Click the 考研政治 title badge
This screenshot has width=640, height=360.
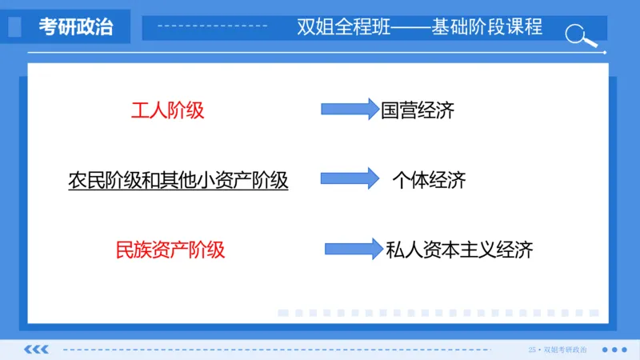pyautogui.click(x=76, y=27)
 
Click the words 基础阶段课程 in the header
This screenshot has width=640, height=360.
pyautogui.click(x=486, y=27)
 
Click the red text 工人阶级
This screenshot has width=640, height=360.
pyautogui.click(x=167, y=110)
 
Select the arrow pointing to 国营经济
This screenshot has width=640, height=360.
pyautogui.click(x=349, y=109)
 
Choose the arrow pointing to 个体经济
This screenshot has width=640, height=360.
pyautogui.click(x=349, y=178)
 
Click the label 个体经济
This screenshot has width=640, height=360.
pyautogui.click(x=429, y=180)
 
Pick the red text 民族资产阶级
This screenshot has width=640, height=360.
pyautogui.click(x=170, y=250)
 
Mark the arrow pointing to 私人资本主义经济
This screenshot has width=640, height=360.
pyautogui.click(x=353, y=248)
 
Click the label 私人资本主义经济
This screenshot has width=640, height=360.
pyautogui.click(x=458, y=250)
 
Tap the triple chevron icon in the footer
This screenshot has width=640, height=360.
pyautogui.click(x=36, y=350)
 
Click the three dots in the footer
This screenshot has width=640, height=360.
pyautogui.click(x=614, y=350)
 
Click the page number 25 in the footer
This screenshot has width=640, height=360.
pyautogui.click(x=532, y=350)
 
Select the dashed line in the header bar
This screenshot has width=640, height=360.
pyautogui.click(x=212, y=27)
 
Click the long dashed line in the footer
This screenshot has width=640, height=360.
pyautogui.click(x=288, y=350)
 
